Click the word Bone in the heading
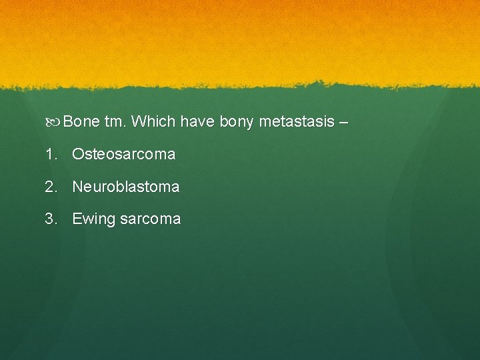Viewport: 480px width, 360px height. (x=82, y=122)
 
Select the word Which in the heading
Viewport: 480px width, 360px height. (x=153, y=122)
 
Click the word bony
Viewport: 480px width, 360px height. (x=236, y=123)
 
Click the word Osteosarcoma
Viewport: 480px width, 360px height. (x=123, y=155)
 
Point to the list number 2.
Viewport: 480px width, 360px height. (x=51, y=187)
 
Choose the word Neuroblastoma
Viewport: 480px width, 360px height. (x=125, y=187)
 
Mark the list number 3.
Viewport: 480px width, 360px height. (x=51, y=219)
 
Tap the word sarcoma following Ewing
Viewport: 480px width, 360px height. (x=150, y=219)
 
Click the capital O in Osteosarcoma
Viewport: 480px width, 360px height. (x=78, y=155)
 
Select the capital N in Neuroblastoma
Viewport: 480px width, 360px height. (x=77, y=187)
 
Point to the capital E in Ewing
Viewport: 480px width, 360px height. (x=77, y=219)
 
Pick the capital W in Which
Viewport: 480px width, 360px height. (x=139, y=122)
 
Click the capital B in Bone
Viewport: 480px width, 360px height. (x=69, y=122)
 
